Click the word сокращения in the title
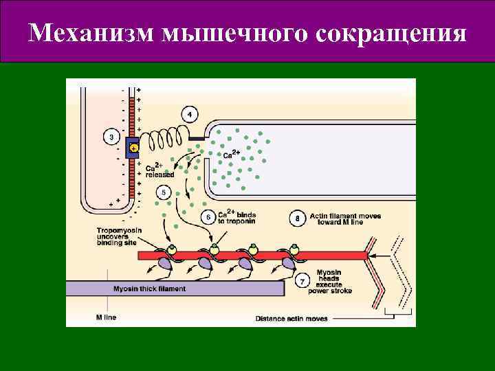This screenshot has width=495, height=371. [392, 33]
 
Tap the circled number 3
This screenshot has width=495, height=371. [112, 137]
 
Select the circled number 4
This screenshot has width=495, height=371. [189, 114]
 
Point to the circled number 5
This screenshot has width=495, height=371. [164, 192]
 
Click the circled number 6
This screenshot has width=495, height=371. [209, 217]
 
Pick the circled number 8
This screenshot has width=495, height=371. [298, 218]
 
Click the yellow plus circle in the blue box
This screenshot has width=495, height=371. [134, 148]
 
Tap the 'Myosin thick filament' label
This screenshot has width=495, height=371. [149, 289]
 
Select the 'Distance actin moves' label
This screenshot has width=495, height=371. [291, 319]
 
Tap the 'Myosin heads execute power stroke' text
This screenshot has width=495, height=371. [334, 282]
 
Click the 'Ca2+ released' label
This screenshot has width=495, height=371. [159, 170]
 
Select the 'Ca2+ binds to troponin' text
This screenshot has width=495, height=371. [237, 217]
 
